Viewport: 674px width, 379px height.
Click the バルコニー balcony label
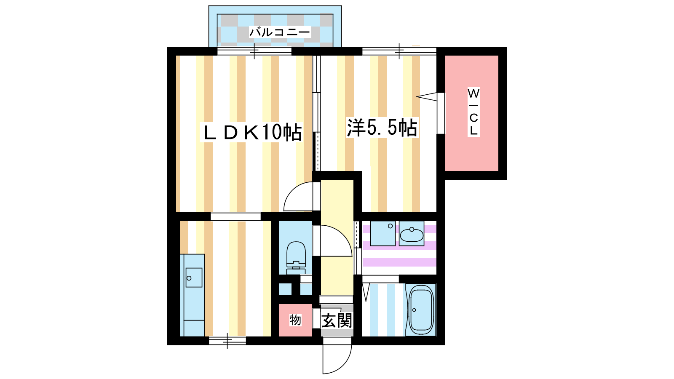click(280, 32)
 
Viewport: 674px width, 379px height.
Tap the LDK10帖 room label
click(252, 132)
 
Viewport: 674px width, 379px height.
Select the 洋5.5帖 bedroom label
click(382, 128)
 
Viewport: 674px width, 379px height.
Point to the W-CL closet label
click(473, 112)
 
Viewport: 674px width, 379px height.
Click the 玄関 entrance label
click(337, 320)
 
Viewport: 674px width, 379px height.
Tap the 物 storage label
click(295, 320)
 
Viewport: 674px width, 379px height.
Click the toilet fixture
click(296, 257)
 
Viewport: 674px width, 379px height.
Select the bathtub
click(421, 310)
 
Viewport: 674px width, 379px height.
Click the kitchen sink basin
click(194, 278)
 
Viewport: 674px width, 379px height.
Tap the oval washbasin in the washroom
click(412, 235)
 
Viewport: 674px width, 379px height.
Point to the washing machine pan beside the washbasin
click(383, 233)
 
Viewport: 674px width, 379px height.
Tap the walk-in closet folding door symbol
click(427, 96)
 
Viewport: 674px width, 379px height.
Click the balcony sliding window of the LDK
click(254, 51)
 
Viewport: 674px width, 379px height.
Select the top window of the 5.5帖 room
click(399, 51)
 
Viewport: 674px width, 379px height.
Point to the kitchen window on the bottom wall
click(227, 341)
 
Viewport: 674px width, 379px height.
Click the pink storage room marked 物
click(295, 320)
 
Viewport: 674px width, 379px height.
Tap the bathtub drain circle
click(415, 310)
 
